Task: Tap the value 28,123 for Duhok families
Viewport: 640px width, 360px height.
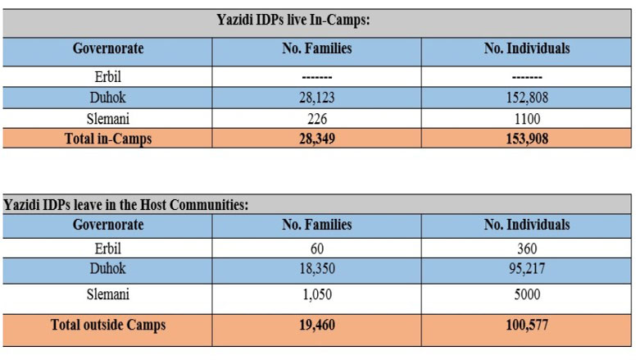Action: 316,98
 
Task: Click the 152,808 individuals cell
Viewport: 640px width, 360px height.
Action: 527,98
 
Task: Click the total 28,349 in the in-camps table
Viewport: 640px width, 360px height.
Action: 316,139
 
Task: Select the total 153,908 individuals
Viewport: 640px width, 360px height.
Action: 527,139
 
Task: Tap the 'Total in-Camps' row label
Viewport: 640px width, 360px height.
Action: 108,139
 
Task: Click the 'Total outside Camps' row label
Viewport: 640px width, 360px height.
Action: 108,325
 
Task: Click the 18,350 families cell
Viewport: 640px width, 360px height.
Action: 316,268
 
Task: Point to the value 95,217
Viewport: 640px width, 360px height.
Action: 527,268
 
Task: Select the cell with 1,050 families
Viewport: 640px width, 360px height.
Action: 316,294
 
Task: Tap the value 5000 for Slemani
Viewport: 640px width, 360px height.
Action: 527,294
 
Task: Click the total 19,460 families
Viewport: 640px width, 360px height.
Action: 316,325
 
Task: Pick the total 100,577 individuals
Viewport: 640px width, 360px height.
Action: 527,325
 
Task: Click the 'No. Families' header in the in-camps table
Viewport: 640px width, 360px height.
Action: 316,48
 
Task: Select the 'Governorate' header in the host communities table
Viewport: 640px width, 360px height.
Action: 108,224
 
